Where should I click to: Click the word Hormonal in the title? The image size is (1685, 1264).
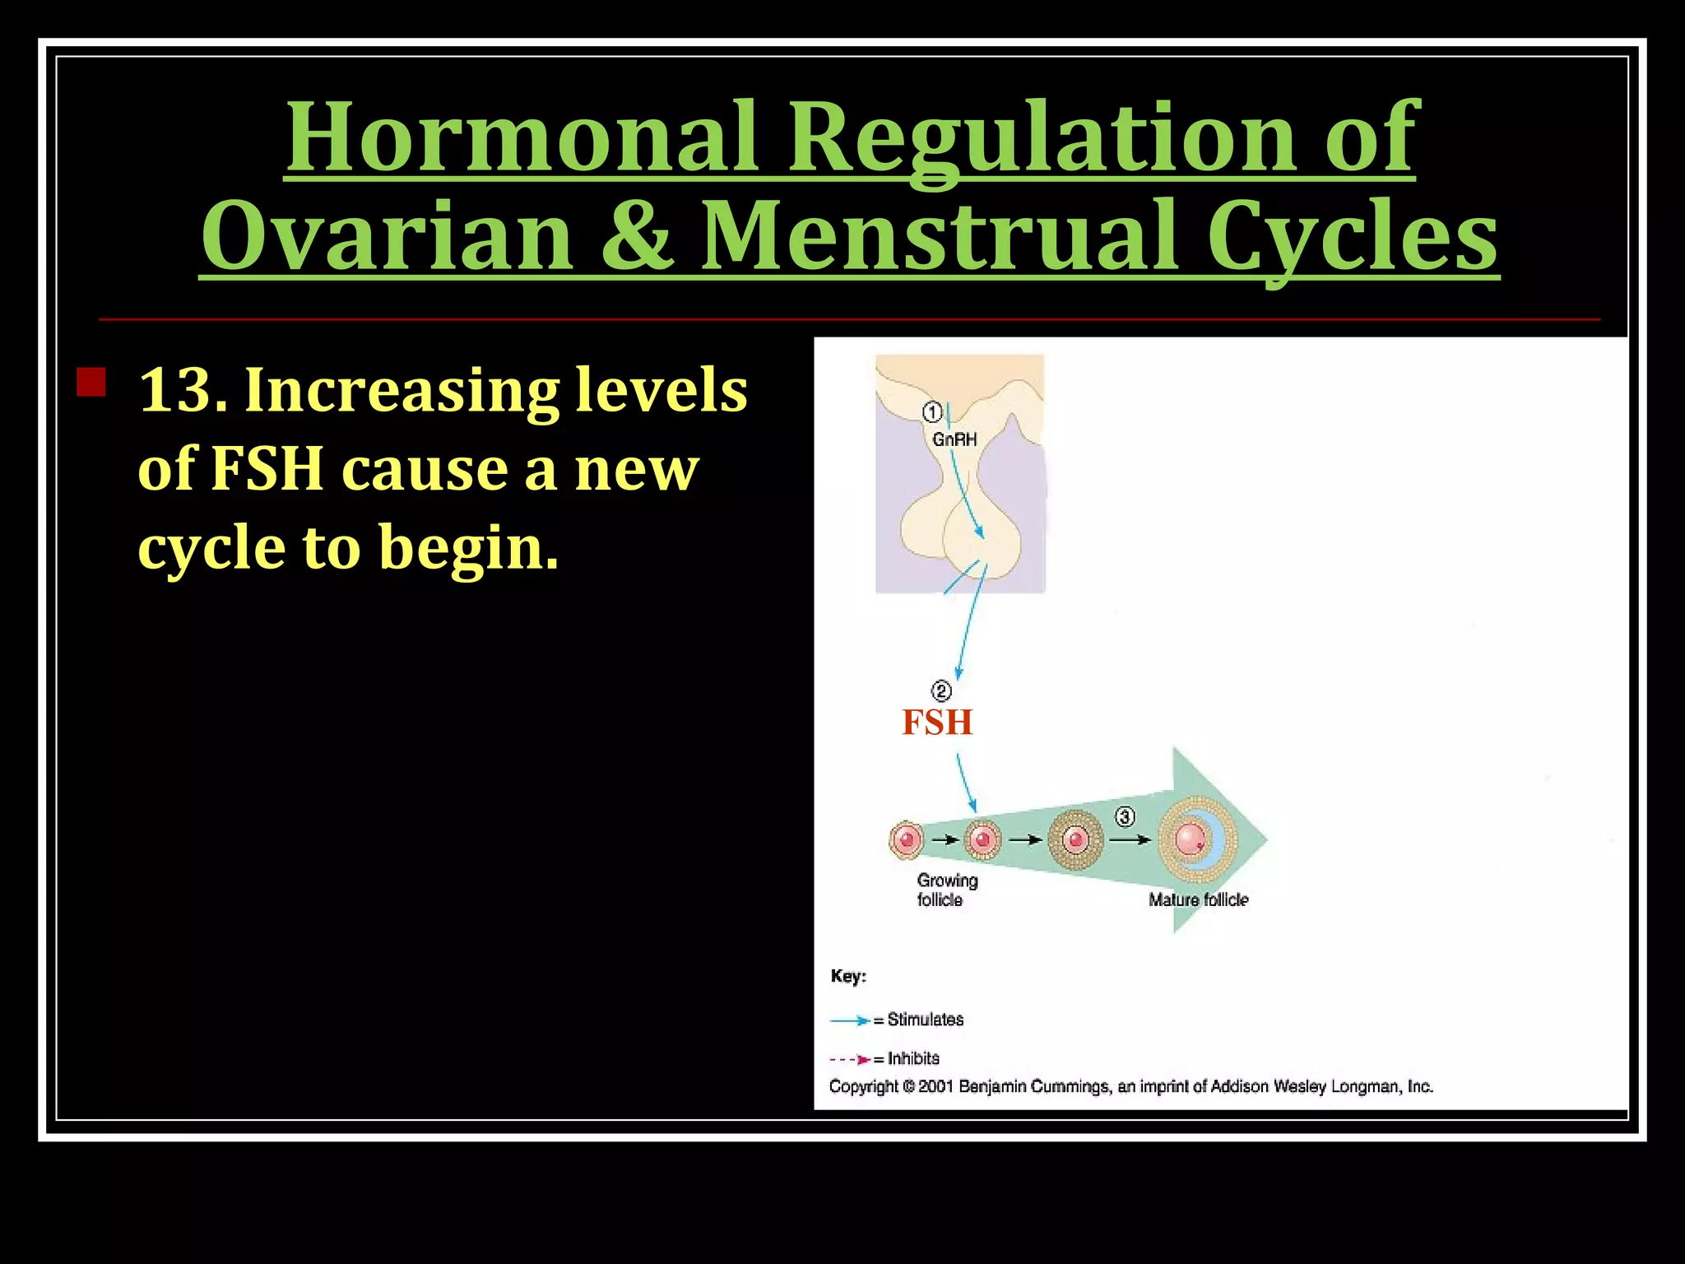click(x=520, y=137)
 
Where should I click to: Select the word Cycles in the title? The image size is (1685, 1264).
click(x=1352, y=237)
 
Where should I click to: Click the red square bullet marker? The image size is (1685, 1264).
click(x=91, y=383)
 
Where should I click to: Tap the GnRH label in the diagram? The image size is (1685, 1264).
click(x=954, y=439)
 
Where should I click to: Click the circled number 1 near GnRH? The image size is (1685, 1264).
click(x=931, y=411)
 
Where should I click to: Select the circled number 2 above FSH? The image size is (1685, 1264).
click(x=941, y=690)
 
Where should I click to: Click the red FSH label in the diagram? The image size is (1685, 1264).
click(x=937, y=723)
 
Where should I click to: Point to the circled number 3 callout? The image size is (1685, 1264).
click(x=1125, y=816)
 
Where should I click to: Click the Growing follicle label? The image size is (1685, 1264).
click(x=947, y=890)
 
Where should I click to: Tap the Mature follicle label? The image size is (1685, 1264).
click(x=1198, y=899)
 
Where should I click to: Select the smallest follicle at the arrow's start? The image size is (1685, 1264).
click(x=907, y=840)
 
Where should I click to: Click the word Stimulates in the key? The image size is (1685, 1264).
click(x=925, y=1020)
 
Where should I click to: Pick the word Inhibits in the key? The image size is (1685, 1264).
click(x=913, y=1058)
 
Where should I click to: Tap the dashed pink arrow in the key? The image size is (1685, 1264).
click(x=850, y=1059)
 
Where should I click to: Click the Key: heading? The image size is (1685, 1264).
click(x=848, y=976)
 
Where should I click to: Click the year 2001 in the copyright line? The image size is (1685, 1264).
click(x=936, y=1087)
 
